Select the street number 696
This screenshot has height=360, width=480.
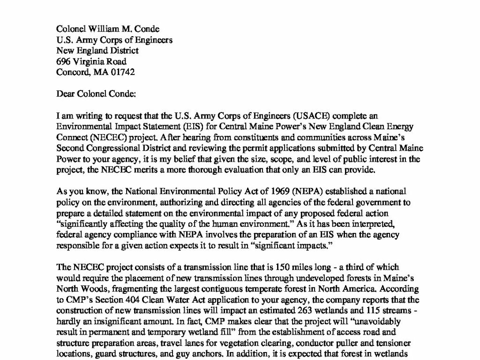point(63,61)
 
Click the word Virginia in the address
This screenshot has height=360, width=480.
point(90,61)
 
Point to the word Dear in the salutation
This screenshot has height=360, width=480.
point(65,93)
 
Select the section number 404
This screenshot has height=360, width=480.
point(146,289)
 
